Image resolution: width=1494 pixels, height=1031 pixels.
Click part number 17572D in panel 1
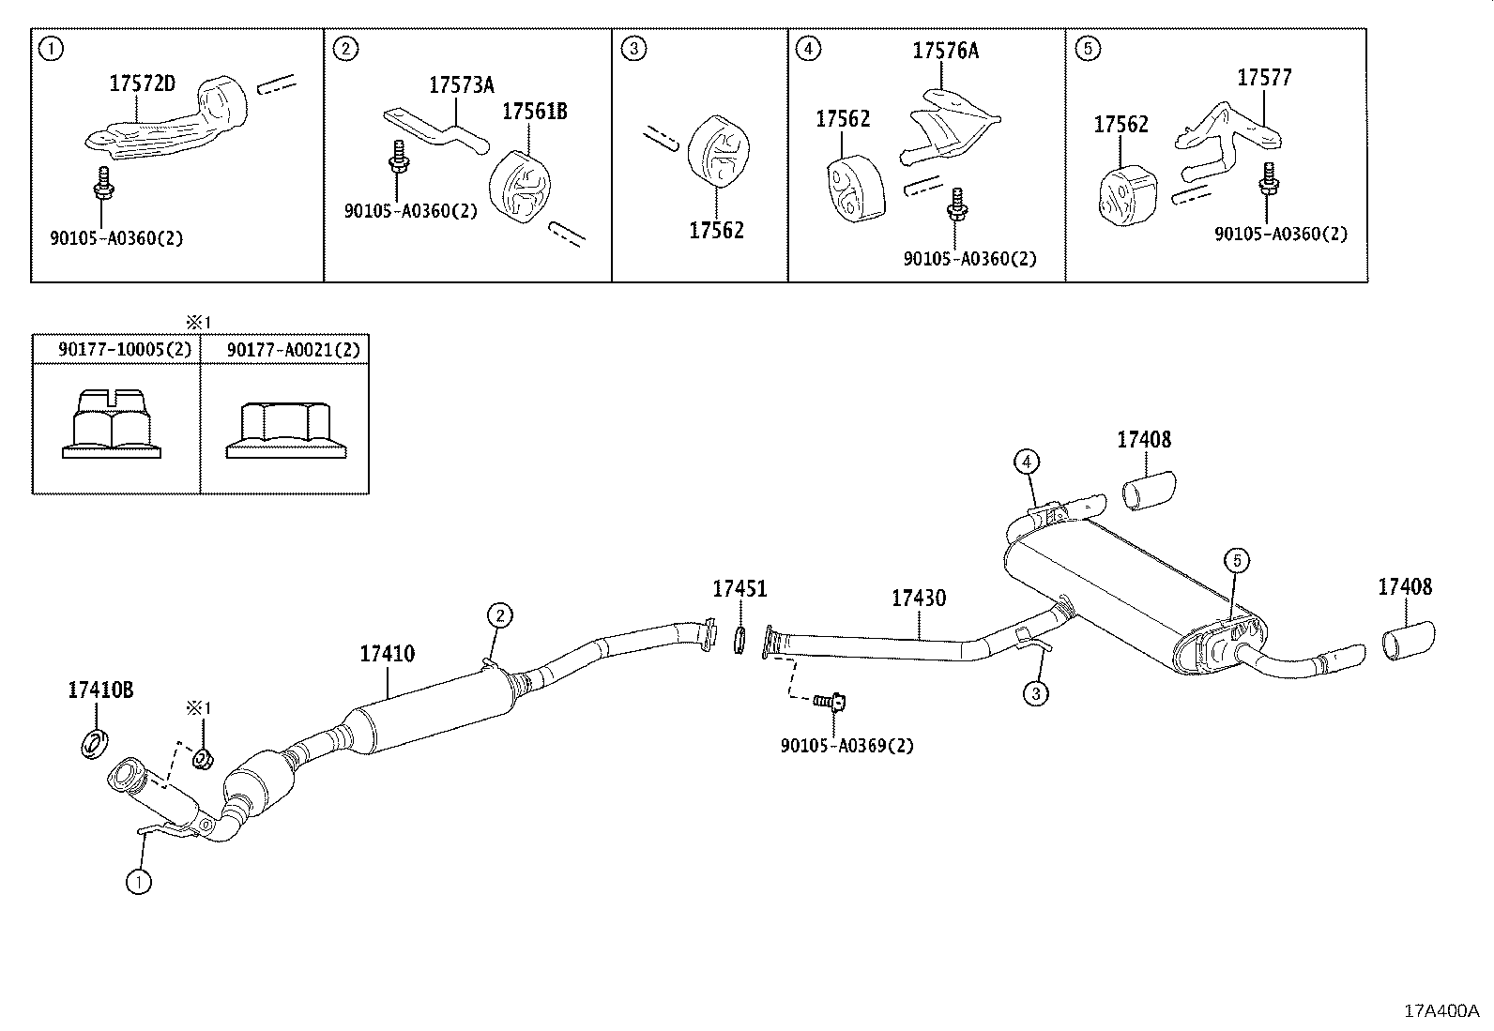point(142,83)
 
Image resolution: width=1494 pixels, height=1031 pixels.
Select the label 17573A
point(461,85)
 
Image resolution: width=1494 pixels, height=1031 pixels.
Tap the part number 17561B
point(534,112)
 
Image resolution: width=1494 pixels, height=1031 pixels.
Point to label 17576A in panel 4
point(945,51)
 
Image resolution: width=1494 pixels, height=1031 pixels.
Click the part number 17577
point(1264,78)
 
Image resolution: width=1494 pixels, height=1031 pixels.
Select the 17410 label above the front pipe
point(387,654)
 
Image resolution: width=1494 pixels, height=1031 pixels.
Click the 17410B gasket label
point(100,690)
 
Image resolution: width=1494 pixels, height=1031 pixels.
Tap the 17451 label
point(739,589)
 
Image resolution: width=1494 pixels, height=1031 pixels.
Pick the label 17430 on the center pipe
point(918,598)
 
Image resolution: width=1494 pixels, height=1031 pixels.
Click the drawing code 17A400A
point(1441,1010)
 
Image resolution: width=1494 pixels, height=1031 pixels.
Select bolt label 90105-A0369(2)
point(846,746)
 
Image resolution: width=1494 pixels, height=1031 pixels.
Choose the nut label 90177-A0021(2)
point(293,349)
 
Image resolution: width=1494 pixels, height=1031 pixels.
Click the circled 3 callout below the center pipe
point(1035,694)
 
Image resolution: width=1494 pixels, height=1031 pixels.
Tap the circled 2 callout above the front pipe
point(499,615)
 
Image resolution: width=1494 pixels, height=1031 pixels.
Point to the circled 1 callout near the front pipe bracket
point(138,882)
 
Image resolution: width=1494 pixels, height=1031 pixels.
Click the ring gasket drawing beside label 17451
point(739,641)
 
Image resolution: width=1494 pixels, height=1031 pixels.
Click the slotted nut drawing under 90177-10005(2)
point(112,427)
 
